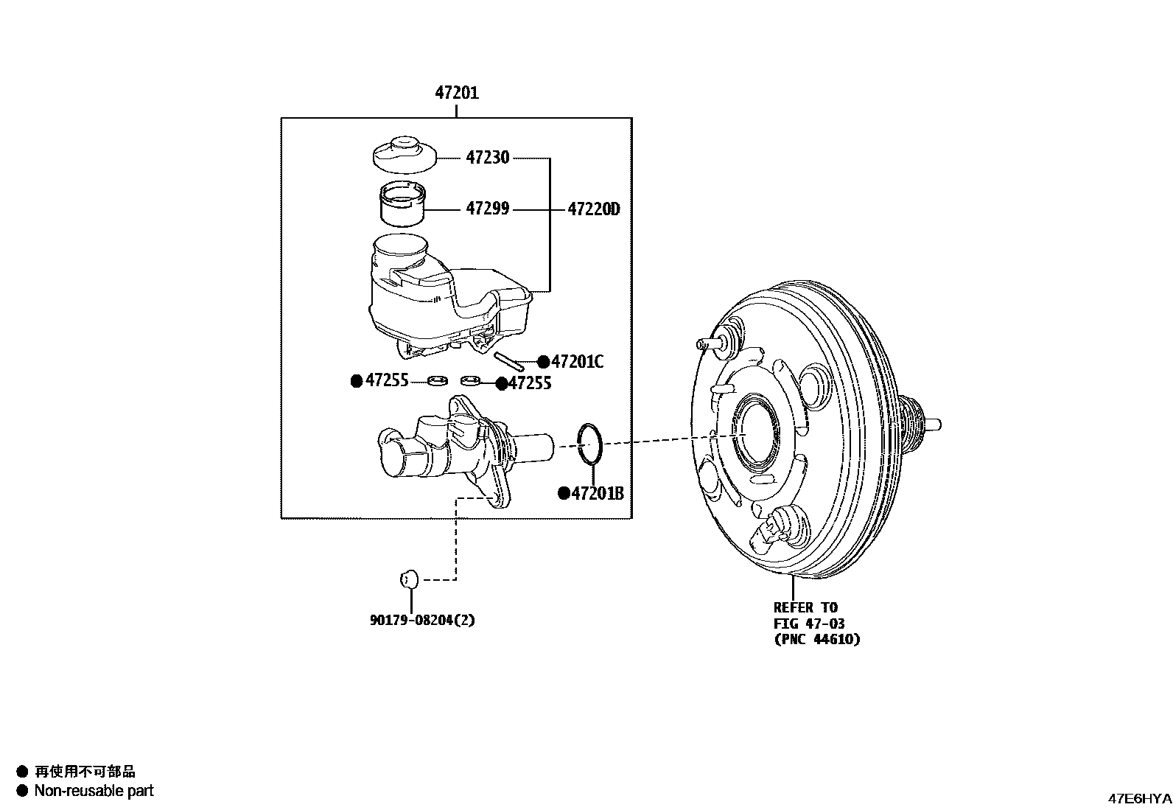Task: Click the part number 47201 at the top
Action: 457,93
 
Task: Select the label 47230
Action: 487,158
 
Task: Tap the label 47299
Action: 487,209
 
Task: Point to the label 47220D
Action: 593,209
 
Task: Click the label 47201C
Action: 577,361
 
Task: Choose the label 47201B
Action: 598,494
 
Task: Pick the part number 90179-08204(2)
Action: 422,620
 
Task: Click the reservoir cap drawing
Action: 402,153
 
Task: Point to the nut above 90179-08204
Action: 408,579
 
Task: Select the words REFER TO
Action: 805,607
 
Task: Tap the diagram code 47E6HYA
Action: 1139,798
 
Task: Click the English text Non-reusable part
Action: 94,791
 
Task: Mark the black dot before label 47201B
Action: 564,494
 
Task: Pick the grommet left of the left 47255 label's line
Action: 438,380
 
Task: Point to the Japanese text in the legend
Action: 85,772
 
